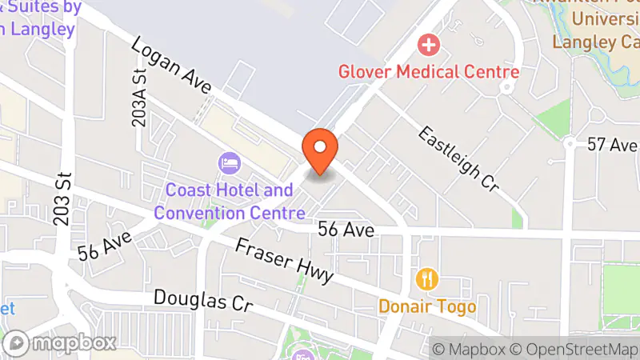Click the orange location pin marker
tap(321, 150)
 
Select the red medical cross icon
tap(430, 45)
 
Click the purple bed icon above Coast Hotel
tap(230, 164)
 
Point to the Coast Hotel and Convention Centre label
tap(230, 202)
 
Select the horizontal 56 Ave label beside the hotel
tap(346, 230)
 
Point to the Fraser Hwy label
tap(284, 260)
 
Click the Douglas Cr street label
tap(202, 302)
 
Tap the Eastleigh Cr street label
tap(458, 158)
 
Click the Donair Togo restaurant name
tap(427, 306)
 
